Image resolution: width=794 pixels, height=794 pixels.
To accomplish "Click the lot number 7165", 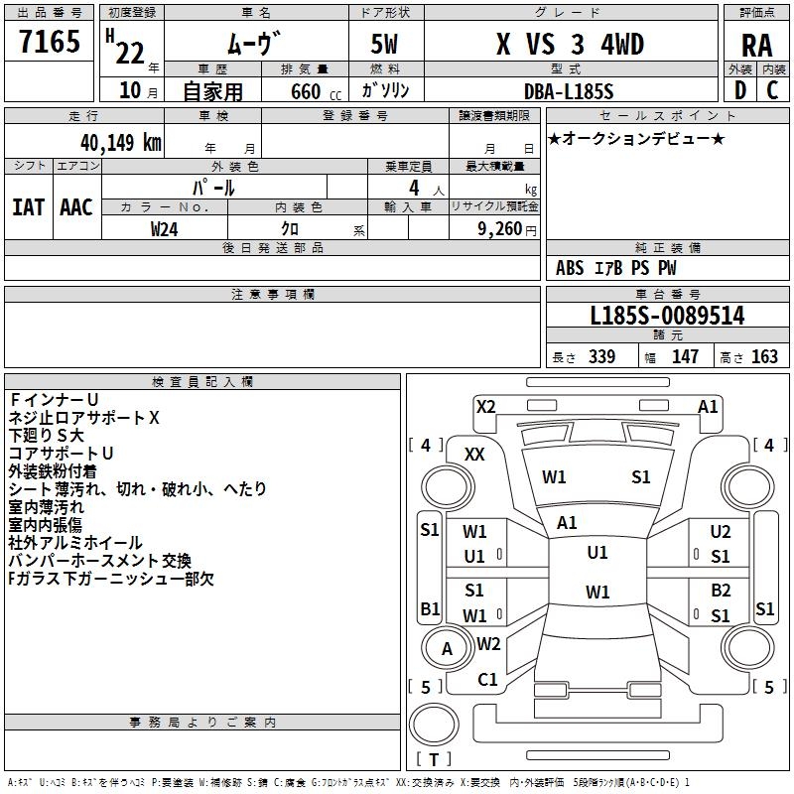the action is click(50, 43).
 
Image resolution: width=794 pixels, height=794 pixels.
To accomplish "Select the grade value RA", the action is click(756, 45).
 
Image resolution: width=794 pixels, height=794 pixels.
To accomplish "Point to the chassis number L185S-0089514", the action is click(667, 317).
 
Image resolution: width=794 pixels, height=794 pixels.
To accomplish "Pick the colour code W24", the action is click(165, 228).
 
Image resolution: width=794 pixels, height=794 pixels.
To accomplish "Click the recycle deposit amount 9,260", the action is click(499, 228).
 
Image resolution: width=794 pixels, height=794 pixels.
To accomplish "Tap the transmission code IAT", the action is click(29, 207).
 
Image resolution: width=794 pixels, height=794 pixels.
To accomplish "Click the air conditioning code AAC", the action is click(76, 207).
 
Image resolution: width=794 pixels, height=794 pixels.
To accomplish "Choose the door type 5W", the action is click(387, 45).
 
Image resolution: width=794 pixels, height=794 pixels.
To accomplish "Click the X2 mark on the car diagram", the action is click(485, 406).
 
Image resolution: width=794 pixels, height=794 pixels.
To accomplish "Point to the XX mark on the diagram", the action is click(475, 454).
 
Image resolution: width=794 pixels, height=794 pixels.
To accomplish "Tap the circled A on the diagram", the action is click(447, 649).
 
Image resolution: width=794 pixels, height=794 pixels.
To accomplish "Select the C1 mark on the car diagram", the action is click(487, 680).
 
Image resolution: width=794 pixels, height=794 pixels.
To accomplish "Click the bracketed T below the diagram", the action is click(433, 760).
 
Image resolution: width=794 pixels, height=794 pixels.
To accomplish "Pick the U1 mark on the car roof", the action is click(596, 553).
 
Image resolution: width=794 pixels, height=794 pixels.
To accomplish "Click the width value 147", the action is click(685, 357).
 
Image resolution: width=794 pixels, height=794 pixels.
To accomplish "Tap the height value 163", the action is click(764, 357).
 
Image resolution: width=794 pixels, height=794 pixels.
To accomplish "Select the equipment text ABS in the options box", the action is click(570, 268).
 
